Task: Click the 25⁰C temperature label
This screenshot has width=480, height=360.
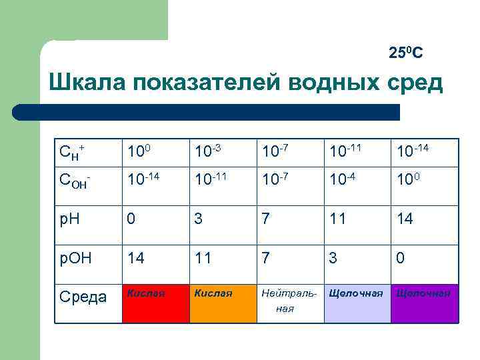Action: (x=406, y=53)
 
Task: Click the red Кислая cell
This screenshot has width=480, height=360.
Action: (x=154, y=303)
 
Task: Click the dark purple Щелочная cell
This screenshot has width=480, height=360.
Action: (x=425, y=303)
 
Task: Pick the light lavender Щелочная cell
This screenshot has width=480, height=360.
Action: (x=357, y=303)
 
